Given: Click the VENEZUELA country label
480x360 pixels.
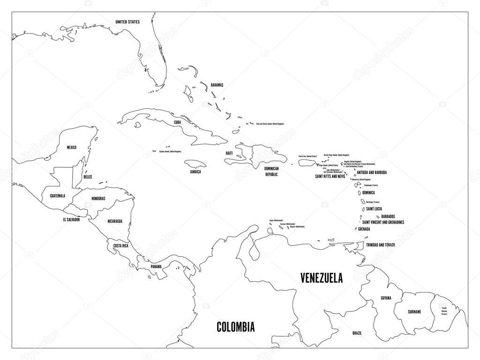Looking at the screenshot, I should coord(321,278).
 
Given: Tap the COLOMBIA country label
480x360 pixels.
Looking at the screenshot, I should coord(235,327).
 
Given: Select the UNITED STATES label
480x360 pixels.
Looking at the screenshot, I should coord(127,22).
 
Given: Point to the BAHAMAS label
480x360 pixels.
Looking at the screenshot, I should coord(217,85).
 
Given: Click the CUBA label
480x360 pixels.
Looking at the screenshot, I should coord(177,122).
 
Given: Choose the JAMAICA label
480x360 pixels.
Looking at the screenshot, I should coord(195,172).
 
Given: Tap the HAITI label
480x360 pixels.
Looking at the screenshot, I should coord(229,153).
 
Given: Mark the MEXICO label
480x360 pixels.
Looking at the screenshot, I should coord(71,147).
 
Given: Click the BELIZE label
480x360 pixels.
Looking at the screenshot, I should coord(88,177).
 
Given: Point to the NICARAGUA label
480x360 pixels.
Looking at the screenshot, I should coord(115,221).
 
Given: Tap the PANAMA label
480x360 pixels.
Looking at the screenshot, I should coord(157,266).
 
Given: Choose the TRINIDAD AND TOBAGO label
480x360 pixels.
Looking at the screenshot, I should coord(381,245).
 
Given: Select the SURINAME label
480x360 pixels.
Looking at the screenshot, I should coord(414,311).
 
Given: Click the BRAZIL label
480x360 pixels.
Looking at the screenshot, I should coord(357,332).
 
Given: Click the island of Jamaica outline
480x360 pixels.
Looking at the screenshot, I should coord(196,164).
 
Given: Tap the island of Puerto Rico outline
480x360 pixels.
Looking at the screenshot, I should coord(307,162).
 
